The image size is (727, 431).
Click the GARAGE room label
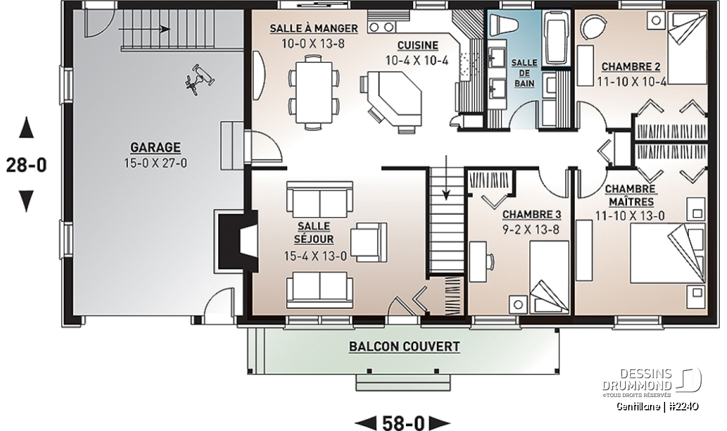[156, 147]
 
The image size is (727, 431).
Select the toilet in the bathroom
[504, 24]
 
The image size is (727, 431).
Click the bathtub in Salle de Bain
[557, 38]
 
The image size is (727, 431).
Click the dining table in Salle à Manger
[314, 92]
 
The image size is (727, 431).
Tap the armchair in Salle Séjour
[369, 242]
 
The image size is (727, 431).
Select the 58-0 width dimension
[403, 423]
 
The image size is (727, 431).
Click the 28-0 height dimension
[27, 165]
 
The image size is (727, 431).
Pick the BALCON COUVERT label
[405, 347]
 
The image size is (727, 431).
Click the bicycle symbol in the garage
[199, 79]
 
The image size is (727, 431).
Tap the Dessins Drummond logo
[652, 383]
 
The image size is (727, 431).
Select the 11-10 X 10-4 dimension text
[632, 81]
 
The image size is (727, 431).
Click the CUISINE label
[418, 45]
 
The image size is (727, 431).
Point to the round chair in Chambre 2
[593, 27]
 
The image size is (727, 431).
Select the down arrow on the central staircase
[446, 178]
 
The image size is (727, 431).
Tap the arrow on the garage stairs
[144, 29]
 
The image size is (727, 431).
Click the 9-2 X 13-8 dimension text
[531, 230]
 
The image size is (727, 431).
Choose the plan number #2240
[685, 407]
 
